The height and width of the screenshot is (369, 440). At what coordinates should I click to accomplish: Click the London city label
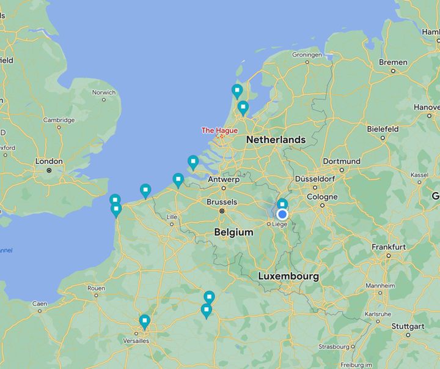point(49,162)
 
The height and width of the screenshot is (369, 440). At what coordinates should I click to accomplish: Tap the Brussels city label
point(222,202)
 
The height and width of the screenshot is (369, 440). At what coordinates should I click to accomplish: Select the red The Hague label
point(219,130)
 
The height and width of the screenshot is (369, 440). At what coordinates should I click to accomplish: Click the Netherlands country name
point(276,140)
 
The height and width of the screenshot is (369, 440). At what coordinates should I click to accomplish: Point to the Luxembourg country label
point(288,277)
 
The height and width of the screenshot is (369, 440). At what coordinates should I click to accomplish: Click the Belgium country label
point(233,233)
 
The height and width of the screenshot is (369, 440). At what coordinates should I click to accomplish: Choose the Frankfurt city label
point(388,247)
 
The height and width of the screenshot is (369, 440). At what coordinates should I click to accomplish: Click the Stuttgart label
point(407,326)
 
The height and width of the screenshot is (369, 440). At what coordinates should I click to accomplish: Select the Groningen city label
point(307,54)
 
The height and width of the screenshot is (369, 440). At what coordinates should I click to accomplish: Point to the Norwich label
point(104,92)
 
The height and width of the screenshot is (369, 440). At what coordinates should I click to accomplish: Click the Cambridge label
point(59,120)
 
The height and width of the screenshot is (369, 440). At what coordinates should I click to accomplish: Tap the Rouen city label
point(97,288)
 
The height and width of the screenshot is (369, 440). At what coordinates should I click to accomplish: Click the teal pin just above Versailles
point(144,321)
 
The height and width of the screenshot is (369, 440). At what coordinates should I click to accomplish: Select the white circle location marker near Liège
point(282,214)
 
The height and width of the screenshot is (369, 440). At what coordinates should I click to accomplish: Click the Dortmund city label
point(342,161)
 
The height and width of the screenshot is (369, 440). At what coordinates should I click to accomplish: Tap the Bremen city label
point(393,62)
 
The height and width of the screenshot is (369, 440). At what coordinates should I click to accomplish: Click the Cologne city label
point(322,197)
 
